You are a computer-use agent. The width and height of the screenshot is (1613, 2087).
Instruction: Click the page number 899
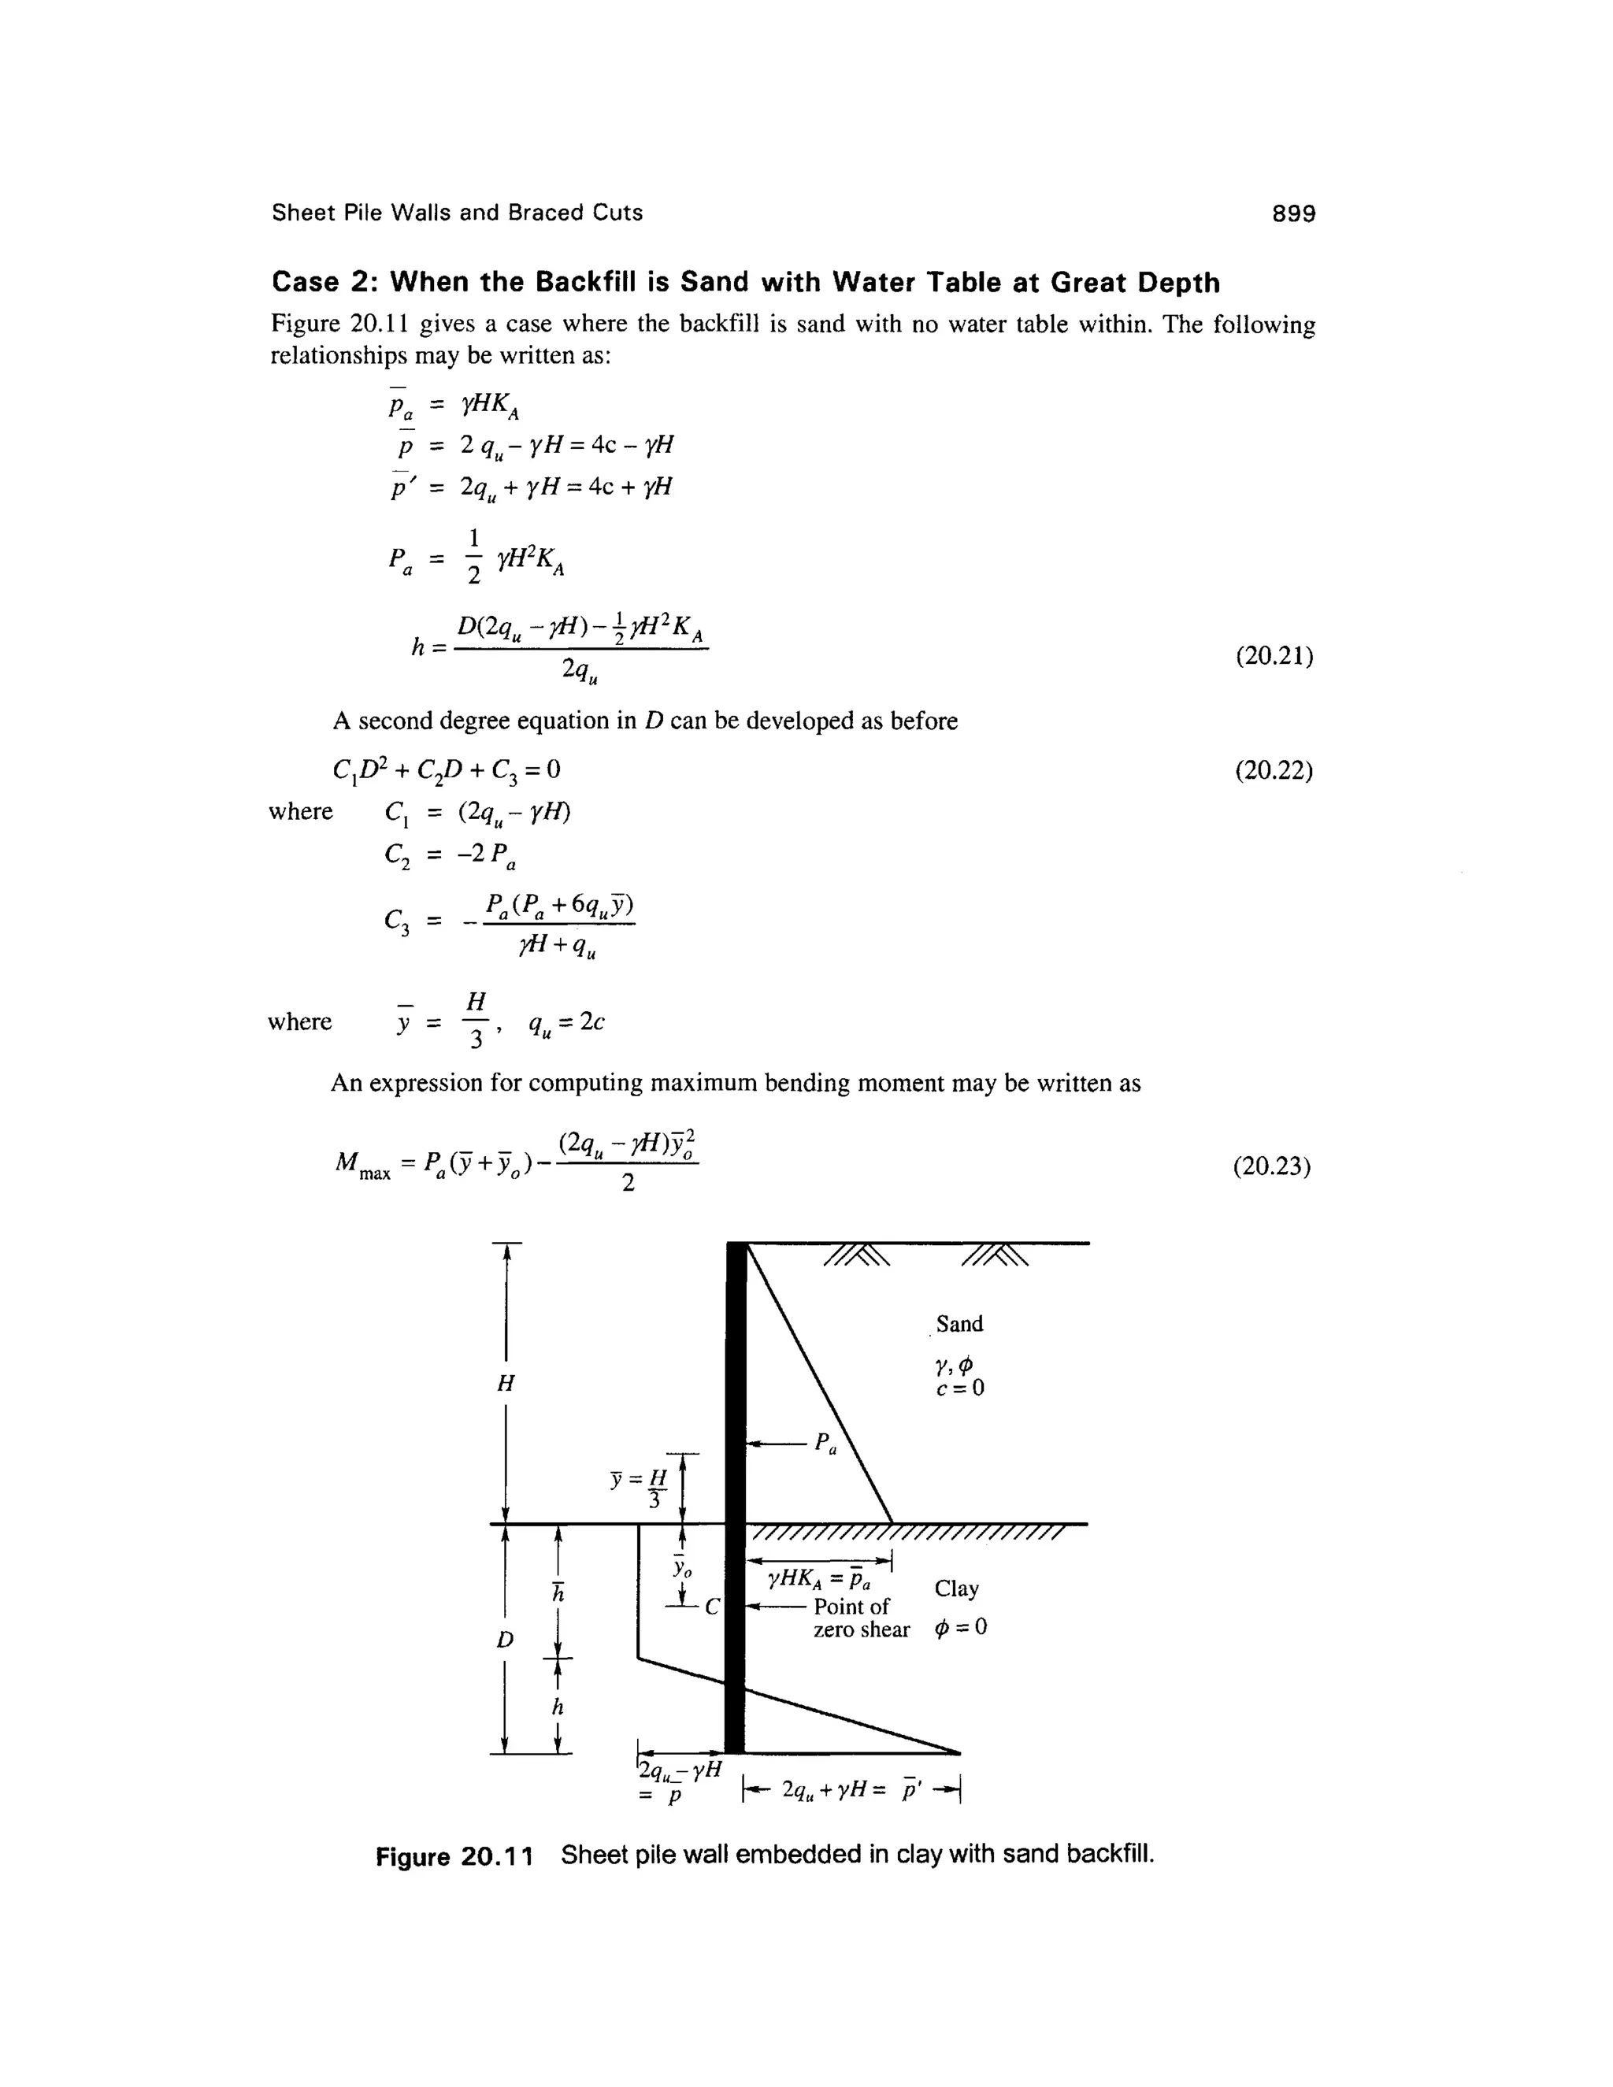tap(1293, 213)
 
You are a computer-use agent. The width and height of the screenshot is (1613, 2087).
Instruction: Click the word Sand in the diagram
tap(959, 1324)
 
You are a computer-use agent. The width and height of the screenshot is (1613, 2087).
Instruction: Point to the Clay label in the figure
tap(956, 1589)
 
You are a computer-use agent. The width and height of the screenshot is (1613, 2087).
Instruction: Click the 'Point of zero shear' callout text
tap(860, 1618)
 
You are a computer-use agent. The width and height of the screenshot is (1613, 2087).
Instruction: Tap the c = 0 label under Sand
tap(959, 1388)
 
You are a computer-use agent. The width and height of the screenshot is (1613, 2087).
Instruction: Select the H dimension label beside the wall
tap(506, 1383)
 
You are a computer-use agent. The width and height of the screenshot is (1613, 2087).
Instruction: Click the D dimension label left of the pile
tap(505, 1640)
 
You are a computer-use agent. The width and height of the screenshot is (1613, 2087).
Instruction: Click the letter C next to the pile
tap(711, 1607)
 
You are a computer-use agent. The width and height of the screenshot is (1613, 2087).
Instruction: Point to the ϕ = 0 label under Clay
tap(962, 1627)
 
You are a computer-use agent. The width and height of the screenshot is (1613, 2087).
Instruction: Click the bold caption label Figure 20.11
tap(454, 1855)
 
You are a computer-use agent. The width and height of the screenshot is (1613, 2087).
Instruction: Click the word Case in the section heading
tap(305, 283)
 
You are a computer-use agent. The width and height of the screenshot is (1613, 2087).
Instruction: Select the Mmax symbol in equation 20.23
tap(362, 1166)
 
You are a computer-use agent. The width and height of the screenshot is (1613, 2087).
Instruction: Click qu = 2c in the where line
tap(565, 1022)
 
